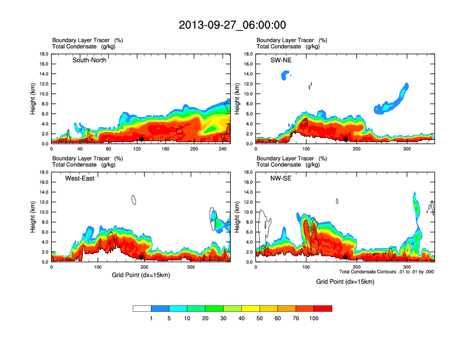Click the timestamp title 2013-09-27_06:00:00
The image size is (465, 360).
click(x=232, y=25)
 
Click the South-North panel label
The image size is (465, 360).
click(x=89, y=60)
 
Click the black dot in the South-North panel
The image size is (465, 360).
click(x=141, y=139)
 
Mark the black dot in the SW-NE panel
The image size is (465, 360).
click(x=346, y=139)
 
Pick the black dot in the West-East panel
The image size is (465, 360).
click(x=141, y=257)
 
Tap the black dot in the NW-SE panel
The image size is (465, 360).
click(x=346, y=257)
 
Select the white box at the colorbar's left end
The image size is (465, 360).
click(x=142, y=308)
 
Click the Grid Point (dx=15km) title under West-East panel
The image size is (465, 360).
click(x=140, y=275)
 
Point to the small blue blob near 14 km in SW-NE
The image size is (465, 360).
click(x=286, y=75)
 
